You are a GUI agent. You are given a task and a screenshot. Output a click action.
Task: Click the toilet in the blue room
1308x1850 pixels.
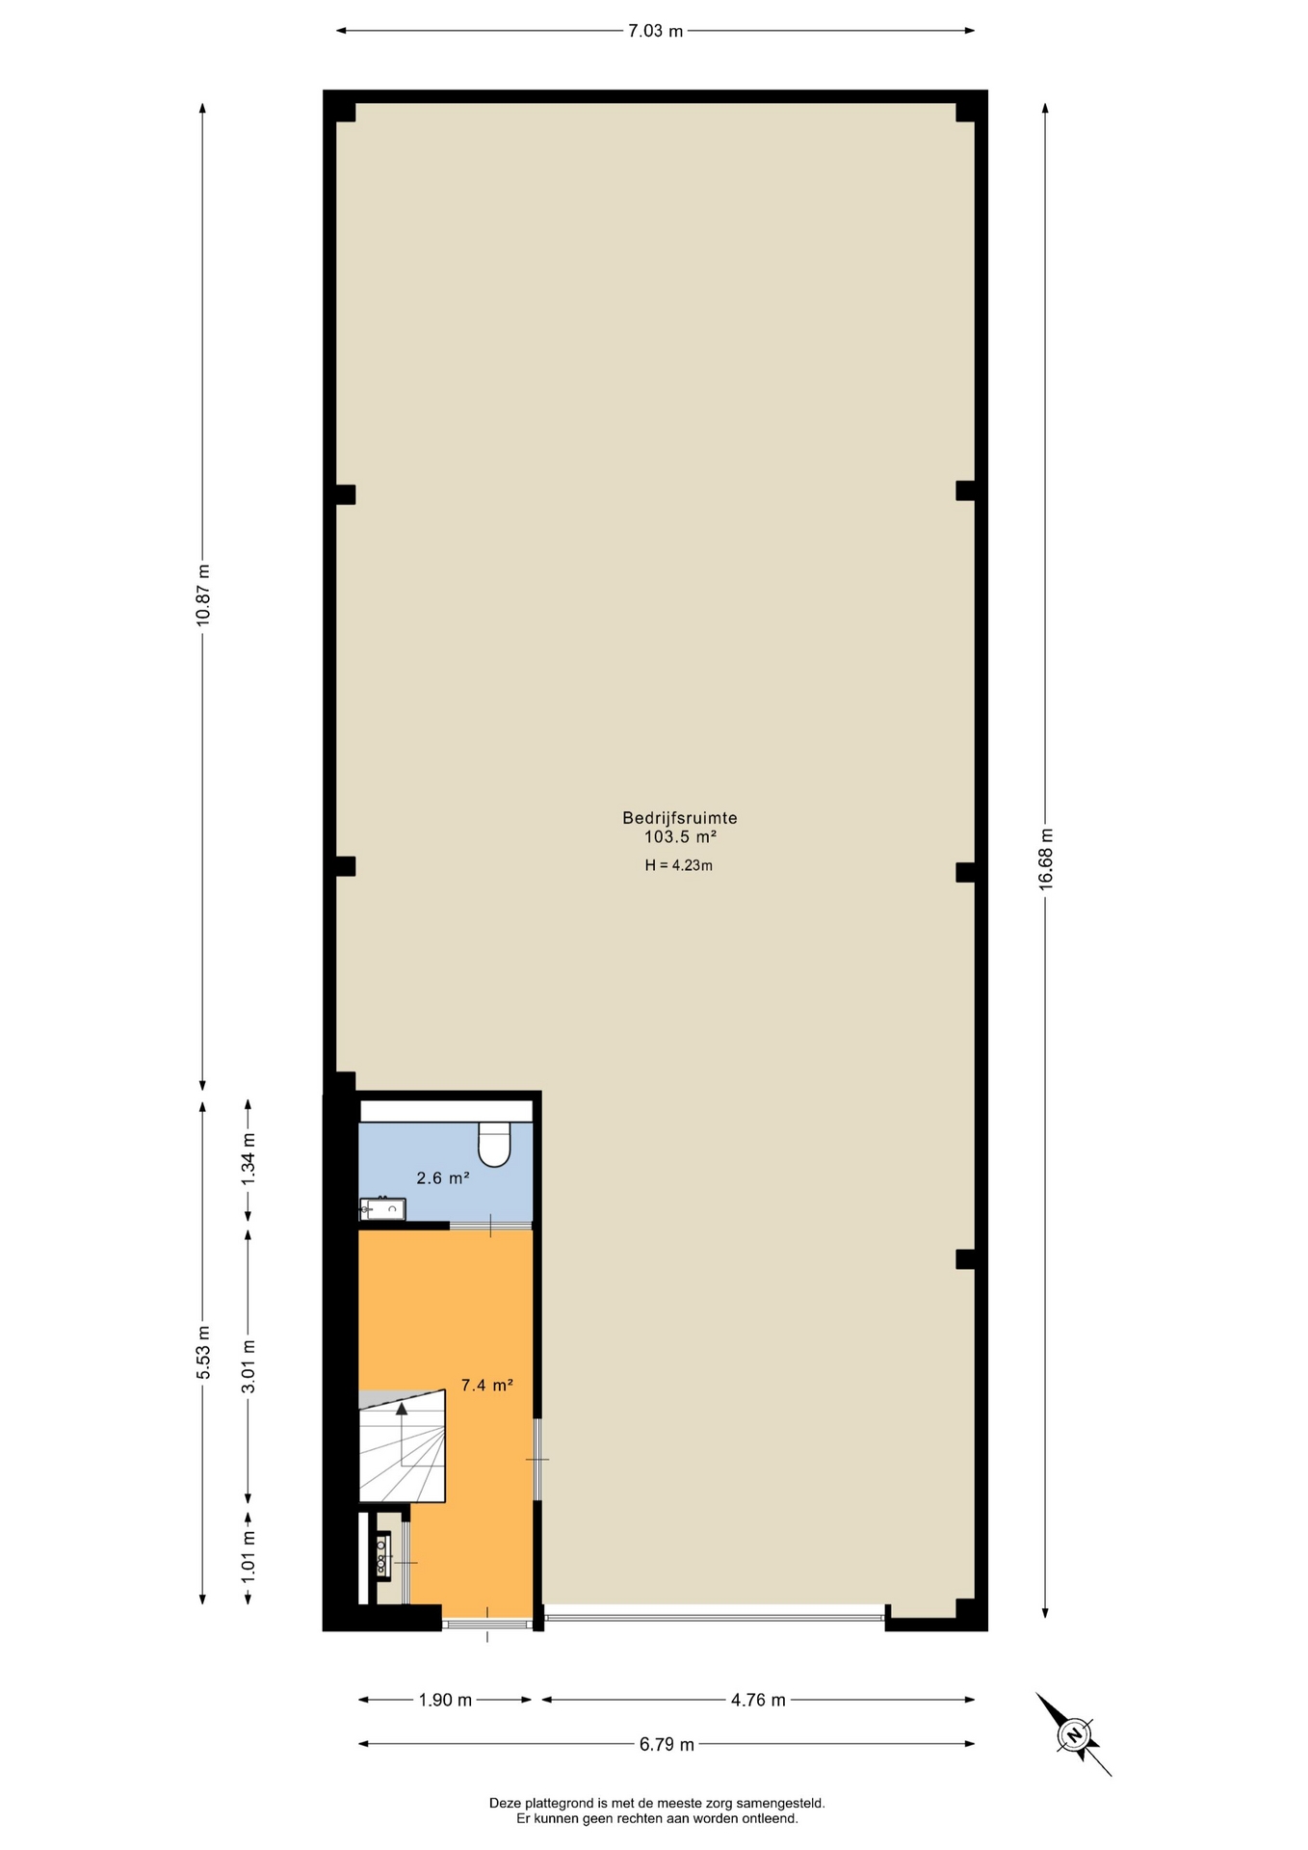[x=494, y=1144]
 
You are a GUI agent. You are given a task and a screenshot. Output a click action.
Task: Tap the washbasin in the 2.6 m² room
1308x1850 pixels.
[x=382, y=1209]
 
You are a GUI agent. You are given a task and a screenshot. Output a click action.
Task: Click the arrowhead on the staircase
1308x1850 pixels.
[x=402, y=1408]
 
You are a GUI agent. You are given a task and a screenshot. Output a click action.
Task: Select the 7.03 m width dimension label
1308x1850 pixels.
[x=655, y=31]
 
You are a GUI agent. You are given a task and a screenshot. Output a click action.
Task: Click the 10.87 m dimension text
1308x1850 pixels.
[x=202, y=595]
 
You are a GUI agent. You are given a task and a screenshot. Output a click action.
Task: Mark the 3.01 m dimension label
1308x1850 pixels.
[x=249, y=1366]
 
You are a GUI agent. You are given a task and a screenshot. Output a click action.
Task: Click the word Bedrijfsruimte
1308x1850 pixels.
[x=680, y=818]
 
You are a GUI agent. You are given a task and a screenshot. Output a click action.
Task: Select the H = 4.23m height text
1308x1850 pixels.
[x=679, y=865]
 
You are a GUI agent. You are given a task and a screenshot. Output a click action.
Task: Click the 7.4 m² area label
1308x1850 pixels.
[x=486, y=1386]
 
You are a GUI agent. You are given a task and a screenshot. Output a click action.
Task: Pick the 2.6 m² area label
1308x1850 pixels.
[x=443, y=1177]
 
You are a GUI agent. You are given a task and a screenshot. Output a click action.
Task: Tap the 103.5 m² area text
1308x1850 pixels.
[x=680, y=837]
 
